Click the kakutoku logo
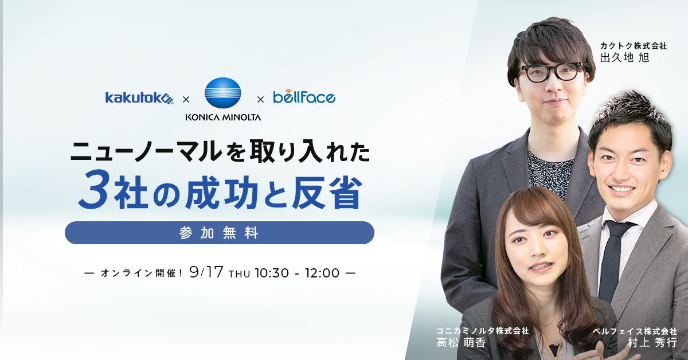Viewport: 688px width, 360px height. [139, 98]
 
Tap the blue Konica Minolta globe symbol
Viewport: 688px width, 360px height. [223, 93]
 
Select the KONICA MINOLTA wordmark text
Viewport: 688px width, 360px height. [223, 117]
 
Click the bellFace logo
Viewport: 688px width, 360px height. [304, 96]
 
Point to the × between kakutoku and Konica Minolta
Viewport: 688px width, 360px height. [186, 100]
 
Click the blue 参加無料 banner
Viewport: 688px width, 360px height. [219, 233]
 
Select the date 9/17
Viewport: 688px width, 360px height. [206, 272]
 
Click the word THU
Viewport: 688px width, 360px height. [239, 273]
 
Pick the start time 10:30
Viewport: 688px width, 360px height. [272, 273]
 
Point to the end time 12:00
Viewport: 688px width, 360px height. [322, 273]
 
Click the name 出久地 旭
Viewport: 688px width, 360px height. [624, 57]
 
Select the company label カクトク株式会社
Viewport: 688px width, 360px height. [634, 46]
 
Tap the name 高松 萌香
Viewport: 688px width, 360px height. [461, 342]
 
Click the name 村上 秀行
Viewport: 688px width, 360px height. [652, 342]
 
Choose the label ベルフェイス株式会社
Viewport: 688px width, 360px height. [635, 331]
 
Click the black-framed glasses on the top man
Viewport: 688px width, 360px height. [552, 72]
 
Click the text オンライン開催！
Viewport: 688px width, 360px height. [142, 273]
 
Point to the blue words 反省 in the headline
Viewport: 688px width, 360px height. [327, 193]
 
